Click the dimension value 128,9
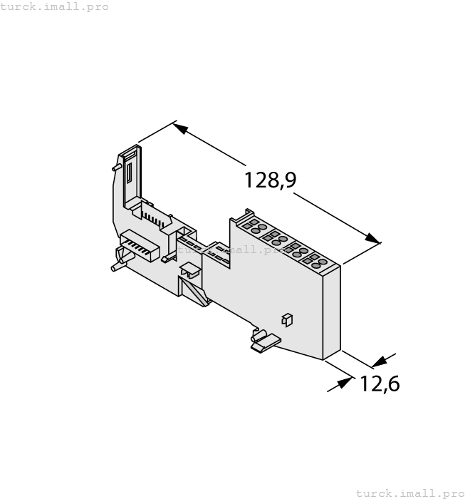click(270, 180)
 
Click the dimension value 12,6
click(379, 384)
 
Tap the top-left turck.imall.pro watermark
click(55, 6)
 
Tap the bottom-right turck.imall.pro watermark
click(409, 493)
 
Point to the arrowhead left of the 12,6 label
click(343, 383)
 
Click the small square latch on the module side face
click(288, 320)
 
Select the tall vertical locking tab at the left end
click(130, 175)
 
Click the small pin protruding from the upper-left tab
click(115, 168)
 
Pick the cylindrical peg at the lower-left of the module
click(115, 267)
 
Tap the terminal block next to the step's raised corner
click(251, 226)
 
